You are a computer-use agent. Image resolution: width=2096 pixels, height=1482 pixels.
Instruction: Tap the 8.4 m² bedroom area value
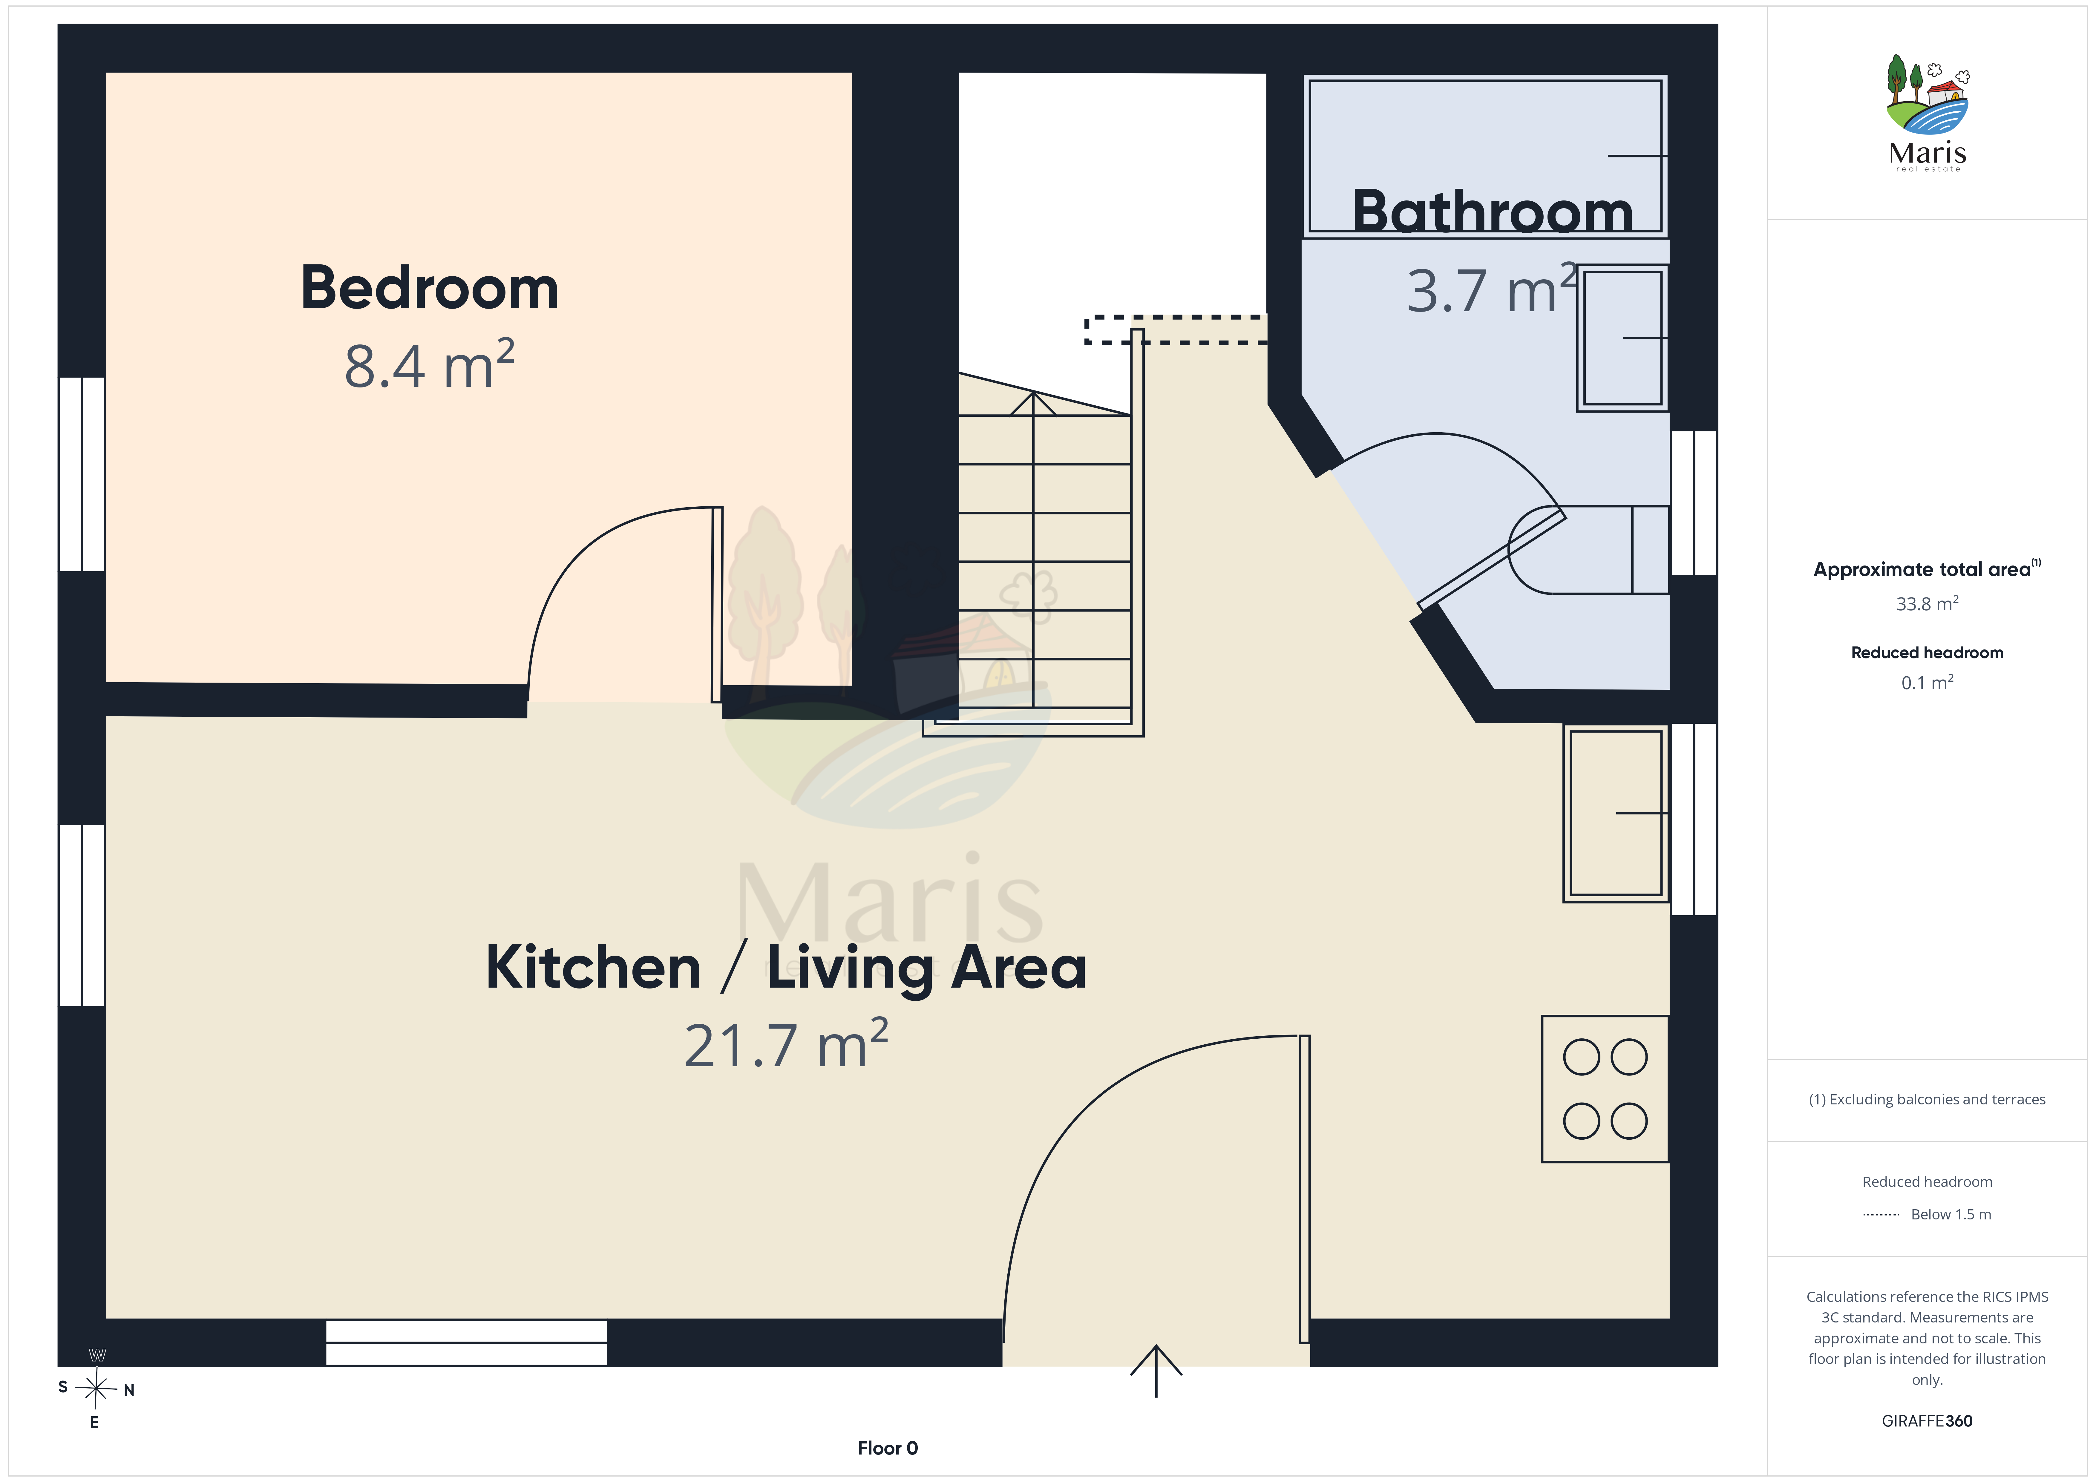pos(429,365)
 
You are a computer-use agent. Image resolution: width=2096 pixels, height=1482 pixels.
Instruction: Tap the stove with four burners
pos(1605,1089)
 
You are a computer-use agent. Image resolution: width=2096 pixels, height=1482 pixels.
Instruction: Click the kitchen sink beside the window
pos(1616,813)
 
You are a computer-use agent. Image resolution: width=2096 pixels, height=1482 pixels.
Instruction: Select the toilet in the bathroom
pos(1588,550)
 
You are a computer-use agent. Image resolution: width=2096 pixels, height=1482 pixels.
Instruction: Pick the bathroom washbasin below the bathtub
pos(1622,338)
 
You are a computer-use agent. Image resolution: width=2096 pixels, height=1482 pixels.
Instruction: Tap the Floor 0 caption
pos(887,1448)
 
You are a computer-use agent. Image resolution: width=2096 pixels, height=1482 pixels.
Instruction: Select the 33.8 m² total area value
pos(1927,603)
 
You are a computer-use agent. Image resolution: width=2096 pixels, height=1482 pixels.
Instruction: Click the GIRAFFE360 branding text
pos(1927,1421)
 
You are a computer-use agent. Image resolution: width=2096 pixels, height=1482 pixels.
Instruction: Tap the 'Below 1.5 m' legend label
pos(1951,1214)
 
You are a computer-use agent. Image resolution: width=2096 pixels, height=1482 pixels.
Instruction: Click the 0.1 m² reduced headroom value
pos(1927,682)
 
